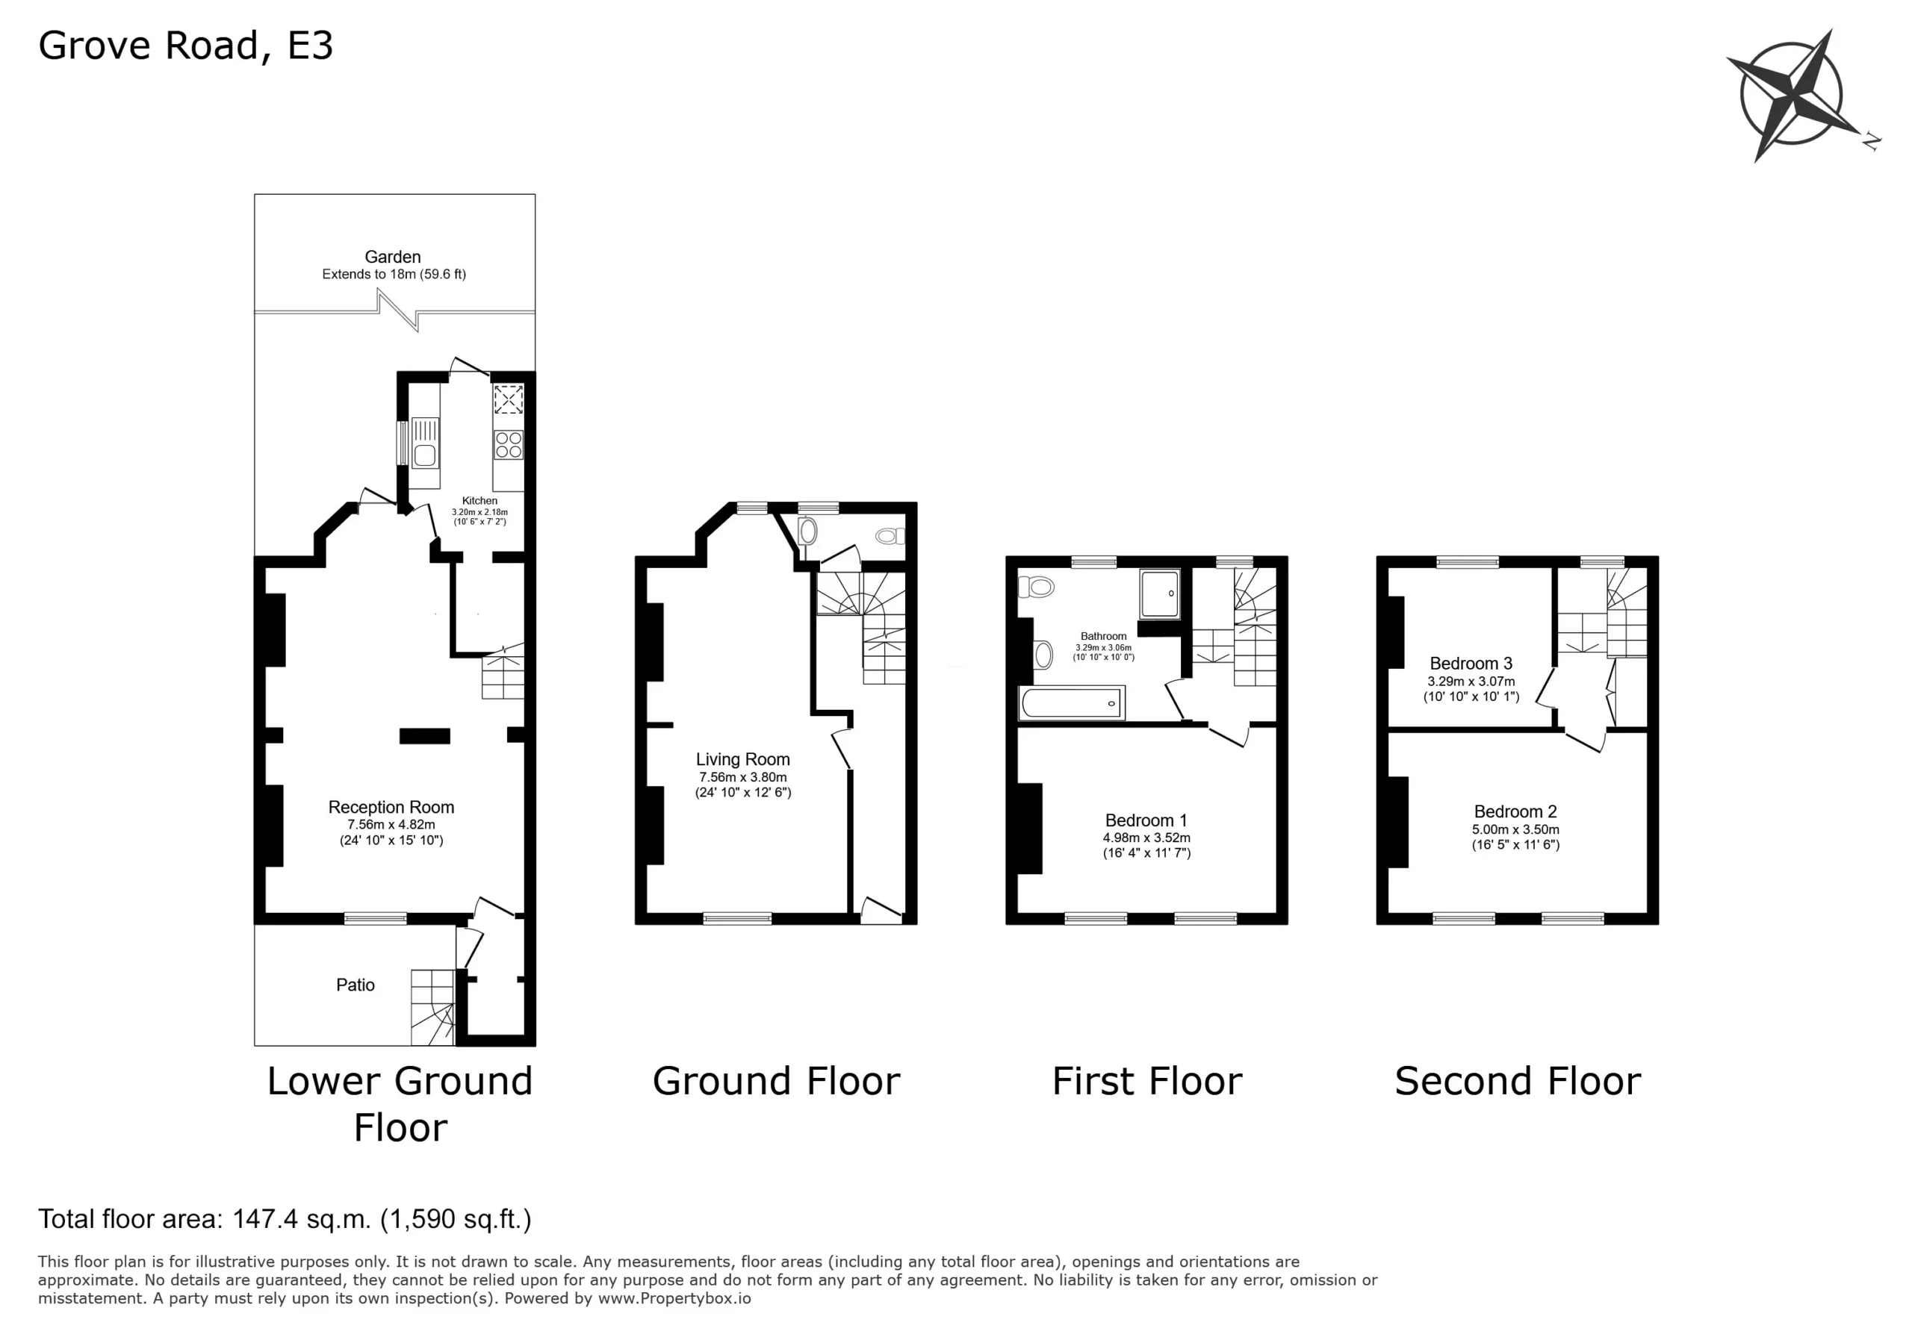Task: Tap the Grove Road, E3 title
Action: (186, 46)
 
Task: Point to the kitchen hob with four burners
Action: (509, 445)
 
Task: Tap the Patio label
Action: (356, 985)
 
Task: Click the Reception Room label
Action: (391, 807)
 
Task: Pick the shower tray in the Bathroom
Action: (1160, 593)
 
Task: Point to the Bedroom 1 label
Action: (1146, 820)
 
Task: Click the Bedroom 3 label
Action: (1471, 664)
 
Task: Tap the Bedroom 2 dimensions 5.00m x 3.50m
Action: (1515, 830)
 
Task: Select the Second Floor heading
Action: (1517, 1082)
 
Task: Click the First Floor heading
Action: (1146, 1082)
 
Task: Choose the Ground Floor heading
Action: (776, 1082)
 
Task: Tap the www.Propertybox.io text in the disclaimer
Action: (674, 1298)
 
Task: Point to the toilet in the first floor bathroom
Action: (1036, 587)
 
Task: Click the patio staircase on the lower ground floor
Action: (433, 1007)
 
